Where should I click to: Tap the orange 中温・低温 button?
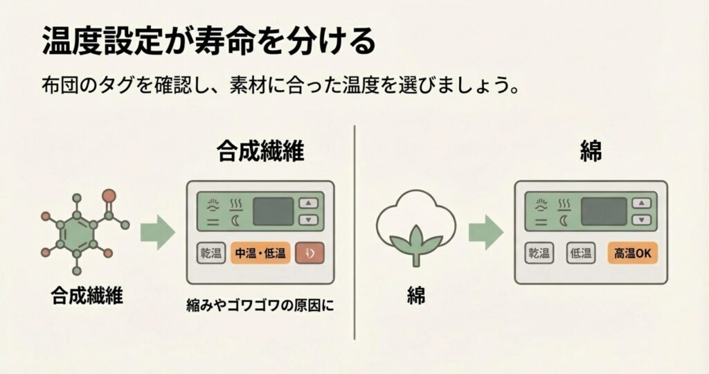coord(260,253)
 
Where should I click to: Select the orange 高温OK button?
coord(633,253)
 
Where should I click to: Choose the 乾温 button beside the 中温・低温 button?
coord(210,253)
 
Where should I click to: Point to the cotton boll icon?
coord(416,225)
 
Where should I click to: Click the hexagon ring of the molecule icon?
coord(76,233)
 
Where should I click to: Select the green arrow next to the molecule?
coord(157,232)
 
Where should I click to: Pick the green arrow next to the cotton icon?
coord(485,232)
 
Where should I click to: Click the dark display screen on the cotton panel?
coord(602,211)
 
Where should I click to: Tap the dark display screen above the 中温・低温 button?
coord(273,211)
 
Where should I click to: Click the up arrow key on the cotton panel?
coord(643,203)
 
